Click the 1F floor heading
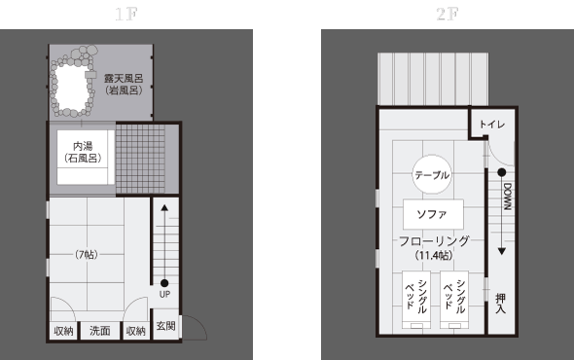pyautogui.click(x=126, y=15)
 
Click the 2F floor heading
pyautogui.click(x=448, y=15)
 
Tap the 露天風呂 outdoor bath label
pyautogui.click(x=124, y=79)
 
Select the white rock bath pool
pyautogui.click(x=71, y=88)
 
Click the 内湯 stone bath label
pyautogui.click(x=83, y=146)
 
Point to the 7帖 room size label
pyautogui.click(x=87, y=254)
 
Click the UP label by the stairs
pyautogui.click(x=164, y=294)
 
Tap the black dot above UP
pyautogui.click(x=164, y=283)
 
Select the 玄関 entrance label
pyautogui.click(x=165, y=326)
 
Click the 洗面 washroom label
pyautogui.click(x=100, y=331)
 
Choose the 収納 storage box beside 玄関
pyautogui.click(x=136, y=331)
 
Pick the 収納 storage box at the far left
pyautogui.click(x=63, y=331)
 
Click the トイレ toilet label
pyautogui.click(x=492, y=125)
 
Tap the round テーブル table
pyautogui.click(x=432, y=175)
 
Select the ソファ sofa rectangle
pyautogui.click(x=433, y=214)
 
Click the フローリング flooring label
pyautogui.click(x=434, y=241)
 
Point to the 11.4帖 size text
pyautogui.click(x=434, y=255)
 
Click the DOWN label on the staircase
pyautogui.click(x=508, y=197)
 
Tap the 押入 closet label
pyautogui.click(x=500, y=304)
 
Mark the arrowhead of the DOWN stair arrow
pyautogui.click(x=502, y=251)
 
